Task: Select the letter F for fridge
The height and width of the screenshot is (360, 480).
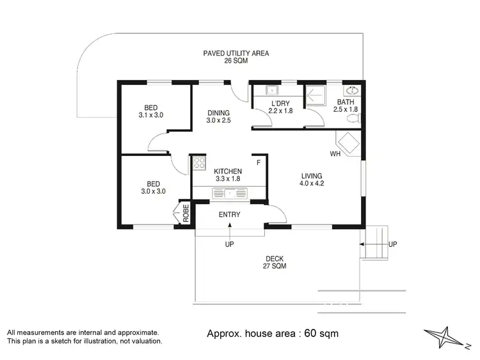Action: [x=259, y=163]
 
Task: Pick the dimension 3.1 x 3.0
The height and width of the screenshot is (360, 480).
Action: [x=151, y=116]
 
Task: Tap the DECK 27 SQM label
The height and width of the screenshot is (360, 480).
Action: [x=275, y=262]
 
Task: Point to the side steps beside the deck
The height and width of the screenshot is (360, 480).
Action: [x=375, y=243]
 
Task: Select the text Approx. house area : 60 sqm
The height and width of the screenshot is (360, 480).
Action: [x=273, y=334]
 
